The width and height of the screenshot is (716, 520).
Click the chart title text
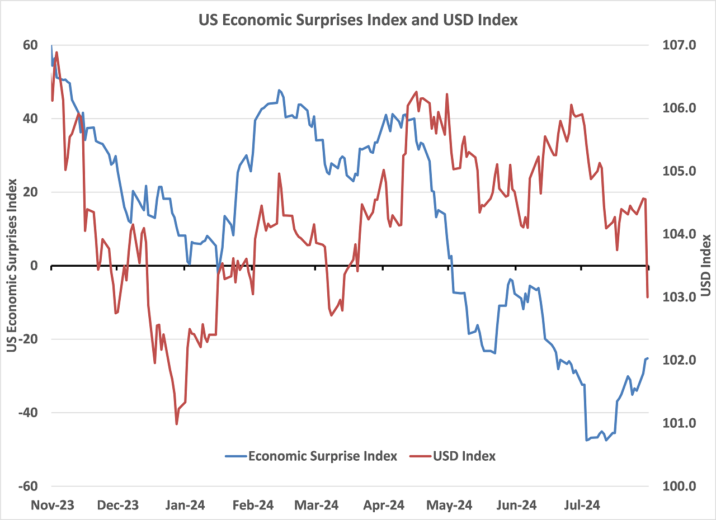tap(358, 21)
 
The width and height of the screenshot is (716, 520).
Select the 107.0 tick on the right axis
tap(678, 45)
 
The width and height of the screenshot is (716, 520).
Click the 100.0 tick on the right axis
tap(678, 486)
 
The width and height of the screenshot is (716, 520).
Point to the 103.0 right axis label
tap(678, 297)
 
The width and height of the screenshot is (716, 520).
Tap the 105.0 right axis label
tap(678, 171)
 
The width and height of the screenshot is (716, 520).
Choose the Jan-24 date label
tap(184, 505)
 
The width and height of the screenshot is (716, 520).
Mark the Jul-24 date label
tap(581, 505)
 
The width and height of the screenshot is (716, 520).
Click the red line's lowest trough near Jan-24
tap(177, 424)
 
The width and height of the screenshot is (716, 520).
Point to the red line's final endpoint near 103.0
tap(648, 297)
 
